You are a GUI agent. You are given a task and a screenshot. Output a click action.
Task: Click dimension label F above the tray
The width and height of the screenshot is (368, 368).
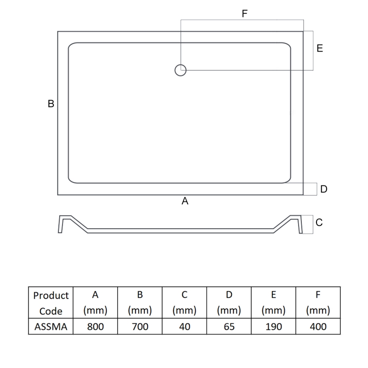[245, 14]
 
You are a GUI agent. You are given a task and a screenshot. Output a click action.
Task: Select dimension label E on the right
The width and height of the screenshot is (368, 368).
[320, 48]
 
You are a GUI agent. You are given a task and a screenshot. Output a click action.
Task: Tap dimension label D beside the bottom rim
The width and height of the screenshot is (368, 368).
[324, 189]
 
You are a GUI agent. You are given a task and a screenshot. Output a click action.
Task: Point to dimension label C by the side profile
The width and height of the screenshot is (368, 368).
[319, 223]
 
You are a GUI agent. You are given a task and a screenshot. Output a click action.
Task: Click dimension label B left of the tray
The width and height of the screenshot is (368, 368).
[51, 104]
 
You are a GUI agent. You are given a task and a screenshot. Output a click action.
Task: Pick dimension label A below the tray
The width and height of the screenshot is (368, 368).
[185, 201]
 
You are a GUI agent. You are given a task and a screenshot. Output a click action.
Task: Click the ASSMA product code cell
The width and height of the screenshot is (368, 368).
[51, 327]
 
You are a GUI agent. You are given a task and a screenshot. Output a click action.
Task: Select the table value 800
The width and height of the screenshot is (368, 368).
[95, 327]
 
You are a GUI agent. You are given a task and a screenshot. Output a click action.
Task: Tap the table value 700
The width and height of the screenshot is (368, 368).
[140, 327]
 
